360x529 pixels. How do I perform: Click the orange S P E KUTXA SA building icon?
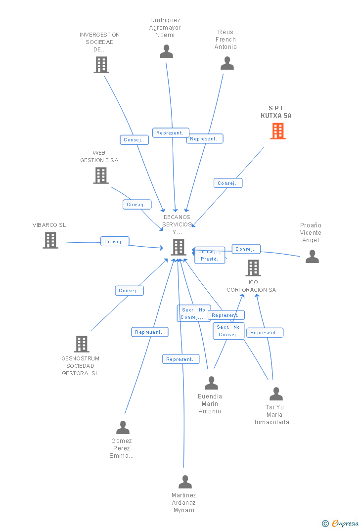click(x=278, y=131)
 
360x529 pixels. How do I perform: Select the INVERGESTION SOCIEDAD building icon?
click(x=101, y=65)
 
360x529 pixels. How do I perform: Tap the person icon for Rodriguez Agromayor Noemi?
click(x=166, y=51)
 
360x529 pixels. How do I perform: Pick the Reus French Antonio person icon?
click(x=227, y=63)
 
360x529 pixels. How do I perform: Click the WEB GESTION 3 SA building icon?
click(x=101, y=176)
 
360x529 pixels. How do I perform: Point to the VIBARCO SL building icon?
click(x=50, y=240)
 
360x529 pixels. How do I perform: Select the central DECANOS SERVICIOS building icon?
click(x=178, y=247)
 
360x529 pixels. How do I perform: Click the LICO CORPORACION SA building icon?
click(x=253, y=268)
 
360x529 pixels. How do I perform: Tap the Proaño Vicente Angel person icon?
click(x=312, y=256)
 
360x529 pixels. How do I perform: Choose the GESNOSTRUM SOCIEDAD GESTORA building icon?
click(x=81, y=344)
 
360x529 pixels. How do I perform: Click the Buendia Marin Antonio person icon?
click(x=211, y=383)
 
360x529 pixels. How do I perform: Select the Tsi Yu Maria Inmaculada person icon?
click(x=276, y=394)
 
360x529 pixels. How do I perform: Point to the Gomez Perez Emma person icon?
click(x=123, y=427)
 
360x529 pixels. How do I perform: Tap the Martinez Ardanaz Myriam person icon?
click(x=185, y=482)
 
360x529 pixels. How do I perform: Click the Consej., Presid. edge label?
click(x=210, y=256)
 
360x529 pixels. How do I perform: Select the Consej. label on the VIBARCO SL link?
click(x=115, y=242)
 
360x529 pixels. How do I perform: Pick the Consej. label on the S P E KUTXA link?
click(x=228, y=183)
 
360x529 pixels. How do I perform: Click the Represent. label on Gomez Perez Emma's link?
click(x=149, y=332)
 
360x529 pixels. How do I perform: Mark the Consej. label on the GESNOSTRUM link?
click(x=129, y=291)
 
